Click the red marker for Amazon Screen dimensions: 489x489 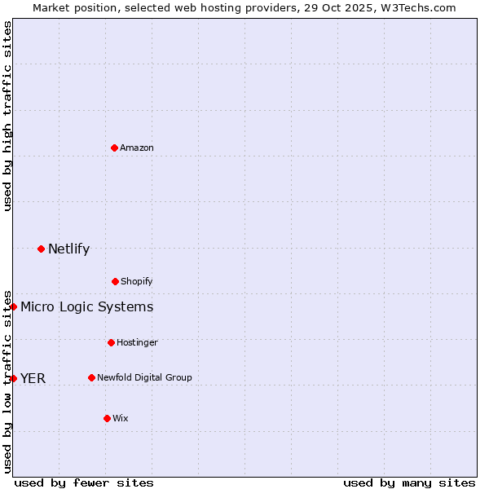pos(114,148)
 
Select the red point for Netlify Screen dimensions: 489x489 pos(41,249)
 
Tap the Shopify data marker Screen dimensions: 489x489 pos(115,281)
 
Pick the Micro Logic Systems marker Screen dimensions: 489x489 pos(14,306)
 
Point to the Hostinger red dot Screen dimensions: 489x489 pos(111,342)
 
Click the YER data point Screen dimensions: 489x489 pos(14,378)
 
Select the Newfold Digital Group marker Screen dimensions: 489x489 pos(91,377)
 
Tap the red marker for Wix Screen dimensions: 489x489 pos(107,418)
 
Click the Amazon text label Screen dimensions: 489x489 pos(137,148)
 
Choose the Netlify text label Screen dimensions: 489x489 pos(68,249)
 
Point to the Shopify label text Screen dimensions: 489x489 pos(137,281)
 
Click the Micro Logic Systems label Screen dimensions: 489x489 pos(86,306)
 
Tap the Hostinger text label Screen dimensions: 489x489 pos(137,342)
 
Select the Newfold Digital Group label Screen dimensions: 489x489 pos(144,377)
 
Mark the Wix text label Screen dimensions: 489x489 pos(121,418)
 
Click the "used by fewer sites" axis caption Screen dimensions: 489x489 pos(84,482)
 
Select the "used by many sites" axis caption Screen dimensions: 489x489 pos(409,482)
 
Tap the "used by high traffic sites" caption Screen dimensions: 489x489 pos(7,116)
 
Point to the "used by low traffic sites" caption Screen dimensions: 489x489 pos(7,381)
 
